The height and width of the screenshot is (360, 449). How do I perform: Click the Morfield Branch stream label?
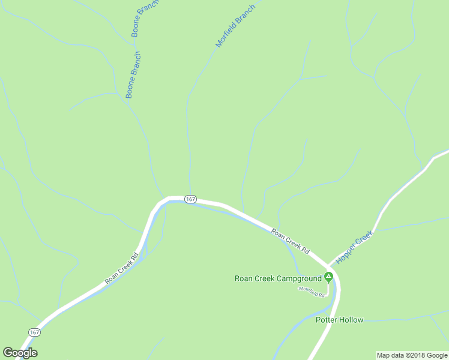pos(235,26)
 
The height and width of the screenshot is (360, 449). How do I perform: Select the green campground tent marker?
pos(328,277)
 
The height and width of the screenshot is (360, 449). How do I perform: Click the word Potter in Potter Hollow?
pos(327,320)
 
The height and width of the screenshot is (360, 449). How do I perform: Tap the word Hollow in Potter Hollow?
pos(351,320)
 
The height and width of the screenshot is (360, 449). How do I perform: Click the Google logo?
pos(20,353)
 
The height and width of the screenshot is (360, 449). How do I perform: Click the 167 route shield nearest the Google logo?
pos(35,332)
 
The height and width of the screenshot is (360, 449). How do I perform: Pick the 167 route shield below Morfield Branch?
pos(190,199)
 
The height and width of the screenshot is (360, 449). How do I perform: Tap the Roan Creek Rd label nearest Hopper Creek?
pos(289,241)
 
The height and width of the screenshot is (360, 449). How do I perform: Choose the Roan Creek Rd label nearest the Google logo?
pos(121,268)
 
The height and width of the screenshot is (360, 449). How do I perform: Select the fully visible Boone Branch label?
pos(133,75)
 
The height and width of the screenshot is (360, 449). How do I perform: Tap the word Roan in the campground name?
pos(243,278)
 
